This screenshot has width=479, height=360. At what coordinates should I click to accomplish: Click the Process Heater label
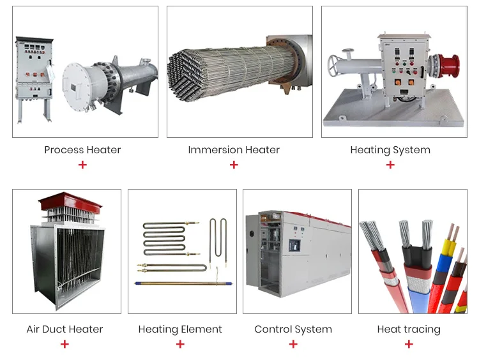coord(82,150)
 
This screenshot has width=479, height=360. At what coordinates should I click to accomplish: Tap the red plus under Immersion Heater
coord(234,165)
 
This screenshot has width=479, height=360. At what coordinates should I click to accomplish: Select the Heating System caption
coord(390,150)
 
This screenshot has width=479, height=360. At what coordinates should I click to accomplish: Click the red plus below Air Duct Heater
coord(65,344)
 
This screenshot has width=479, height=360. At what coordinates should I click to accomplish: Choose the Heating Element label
coord(180,329)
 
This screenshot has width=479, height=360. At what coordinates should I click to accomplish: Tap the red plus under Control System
coord(293,344)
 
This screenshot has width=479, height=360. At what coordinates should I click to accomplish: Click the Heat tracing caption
coord(409,329)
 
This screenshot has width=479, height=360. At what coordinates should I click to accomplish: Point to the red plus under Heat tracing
coord(409,344)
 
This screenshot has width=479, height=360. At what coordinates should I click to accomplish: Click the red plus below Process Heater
coord(82,165)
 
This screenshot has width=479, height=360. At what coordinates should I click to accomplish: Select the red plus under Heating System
coord(390,165)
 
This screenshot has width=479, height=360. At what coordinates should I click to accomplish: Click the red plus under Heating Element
coord(180,344)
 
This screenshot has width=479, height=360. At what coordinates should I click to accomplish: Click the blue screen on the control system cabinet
coord(294,244)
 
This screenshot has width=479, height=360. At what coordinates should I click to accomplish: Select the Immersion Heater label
coord(234,150)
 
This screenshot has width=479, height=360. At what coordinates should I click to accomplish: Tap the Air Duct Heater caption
coord(65,329)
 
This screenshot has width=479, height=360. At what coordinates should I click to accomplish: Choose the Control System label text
coord(293,329)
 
